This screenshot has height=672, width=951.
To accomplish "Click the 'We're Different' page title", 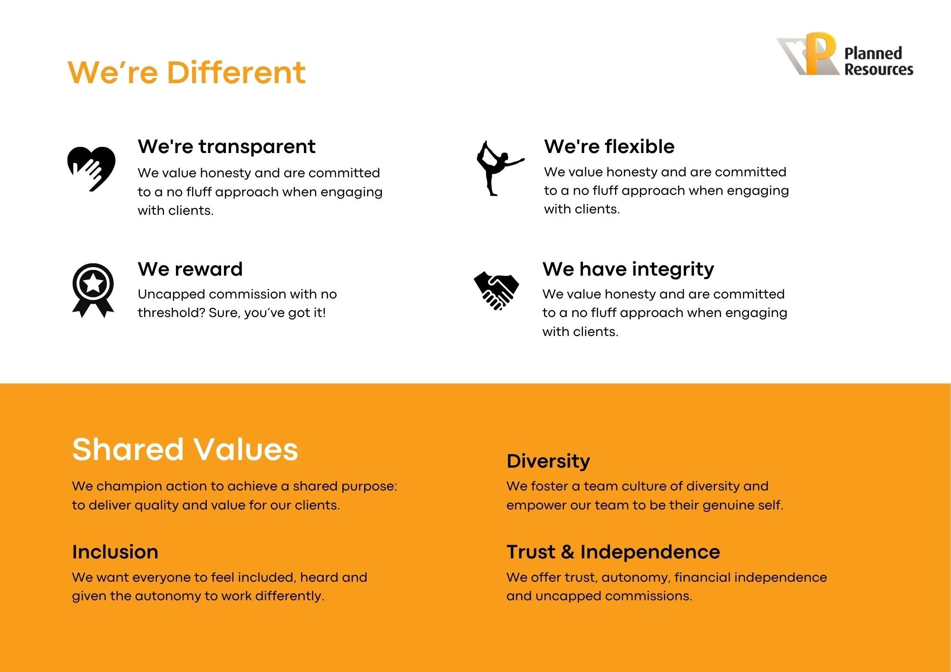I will point(186,73).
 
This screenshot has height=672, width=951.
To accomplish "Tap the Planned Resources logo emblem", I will point(808,54).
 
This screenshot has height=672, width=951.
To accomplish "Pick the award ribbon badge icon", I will point(93,290).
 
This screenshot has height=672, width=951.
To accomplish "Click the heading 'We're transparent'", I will point(226,146).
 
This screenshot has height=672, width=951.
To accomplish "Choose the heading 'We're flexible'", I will point(609,146).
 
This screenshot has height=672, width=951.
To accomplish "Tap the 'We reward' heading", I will point(190,269).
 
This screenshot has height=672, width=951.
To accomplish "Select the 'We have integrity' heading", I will point(628,269).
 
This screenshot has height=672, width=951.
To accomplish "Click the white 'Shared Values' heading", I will point(185,450).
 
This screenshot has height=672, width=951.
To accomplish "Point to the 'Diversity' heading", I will point(548,461).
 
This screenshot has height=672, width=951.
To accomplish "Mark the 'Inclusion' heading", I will point(115,552).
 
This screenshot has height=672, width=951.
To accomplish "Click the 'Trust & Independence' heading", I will point(613,552).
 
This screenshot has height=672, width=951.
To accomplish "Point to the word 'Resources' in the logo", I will point(879,69).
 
